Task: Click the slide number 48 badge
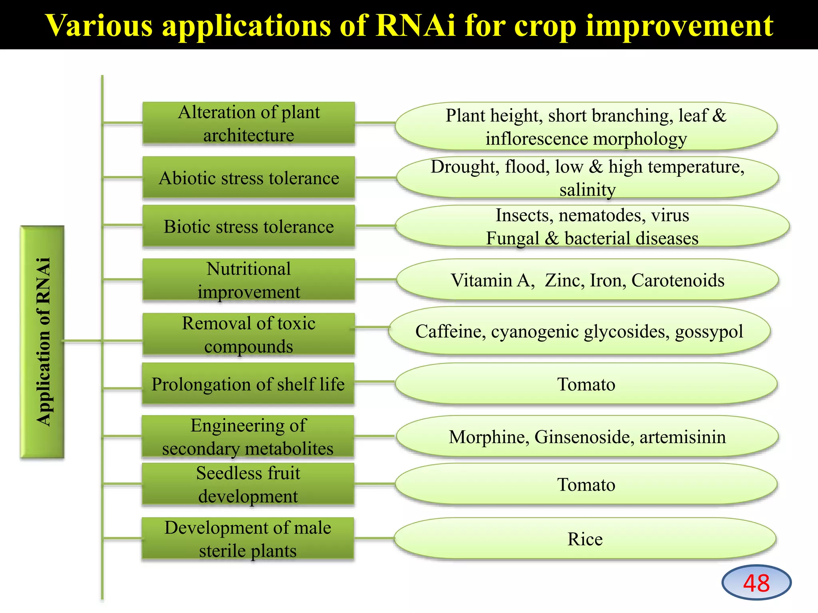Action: [756, 582]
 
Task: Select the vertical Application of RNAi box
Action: [42, 342]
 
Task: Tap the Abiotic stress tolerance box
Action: [248, 178]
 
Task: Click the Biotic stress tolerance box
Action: [248, 226]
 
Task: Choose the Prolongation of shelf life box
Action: [248, 384]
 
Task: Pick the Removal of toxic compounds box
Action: [248, 334]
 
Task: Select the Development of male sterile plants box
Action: [248, 539]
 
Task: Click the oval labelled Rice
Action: [585, 539]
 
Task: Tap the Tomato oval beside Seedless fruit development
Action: [586, 484]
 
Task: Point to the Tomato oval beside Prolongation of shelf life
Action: [586, 384]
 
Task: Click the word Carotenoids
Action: [677, 280]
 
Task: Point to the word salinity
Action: [587, 190]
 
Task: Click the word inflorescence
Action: [536, 139]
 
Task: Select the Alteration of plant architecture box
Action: [248, 123]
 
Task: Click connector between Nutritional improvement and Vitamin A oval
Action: [375, 280]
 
